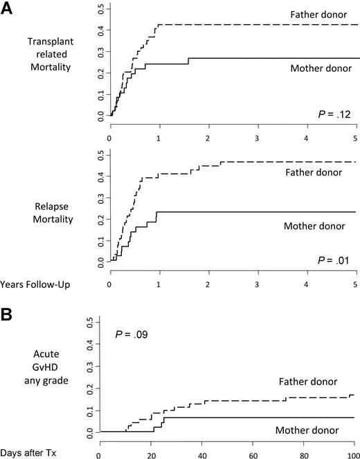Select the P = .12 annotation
331,113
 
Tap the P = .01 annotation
331,260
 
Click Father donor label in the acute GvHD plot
309,381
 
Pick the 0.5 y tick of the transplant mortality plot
100,11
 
